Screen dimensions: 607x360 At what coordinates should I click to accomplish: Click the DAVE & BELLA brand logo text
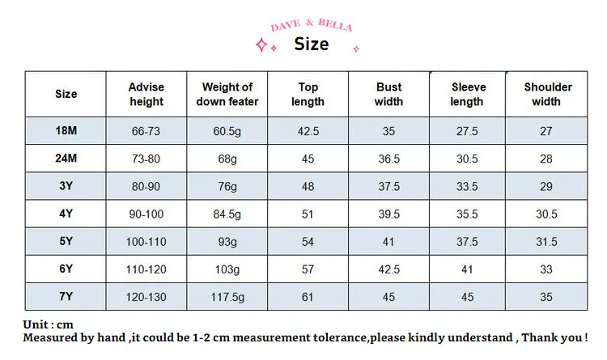click(312, 25)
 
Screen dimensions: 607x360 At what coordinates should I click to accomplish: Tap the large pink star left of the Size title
click(261, 44)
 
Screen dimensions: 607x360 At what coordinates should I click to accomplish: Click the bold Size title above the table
click(312, 44)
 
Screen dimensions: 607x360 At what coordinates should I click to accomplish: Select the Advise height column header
click(146, 94)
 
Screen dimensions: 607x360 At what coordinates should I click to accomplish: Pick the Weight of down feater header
click(227, 94)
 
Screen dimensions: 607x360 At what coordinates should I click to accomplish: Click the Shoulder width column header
click(547, 94)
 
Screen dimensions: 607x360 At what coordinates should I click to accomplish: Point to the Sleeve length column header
click(467, 94)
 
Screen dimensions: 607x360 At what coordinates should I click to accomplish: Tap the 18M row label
click(66, 131)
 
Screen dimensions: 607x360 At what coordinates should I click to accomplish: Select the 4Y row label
click(66, 214)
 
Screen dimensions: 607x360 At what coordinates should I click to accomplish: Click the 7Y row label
click(66, 297)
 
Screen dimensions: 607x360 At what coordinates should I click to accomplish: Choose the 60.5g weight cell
click(227, 132)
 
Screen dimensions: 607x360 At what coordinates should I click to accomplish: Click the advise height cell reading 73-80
click(146, 159)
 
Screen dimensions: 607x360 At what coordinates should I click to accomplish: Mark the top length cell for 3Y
click(308, 187)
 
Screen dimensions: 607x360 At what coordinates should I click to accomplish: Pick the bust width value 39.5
click(388, 214)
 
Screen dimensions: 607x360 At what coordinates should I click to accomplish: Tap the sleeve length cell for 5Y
click(467, 242)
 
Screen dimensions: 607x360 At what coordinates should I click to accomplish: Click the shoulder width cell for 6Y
click(546, 269)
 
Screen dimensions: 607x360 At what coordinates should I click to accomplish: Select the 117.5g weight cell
click(227, 297)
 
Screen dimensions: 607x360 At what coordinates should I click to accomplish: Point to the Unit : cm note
click(48, 324)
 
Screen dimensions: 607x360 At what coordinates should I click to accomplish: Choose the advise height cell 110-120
click(146, 269)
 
